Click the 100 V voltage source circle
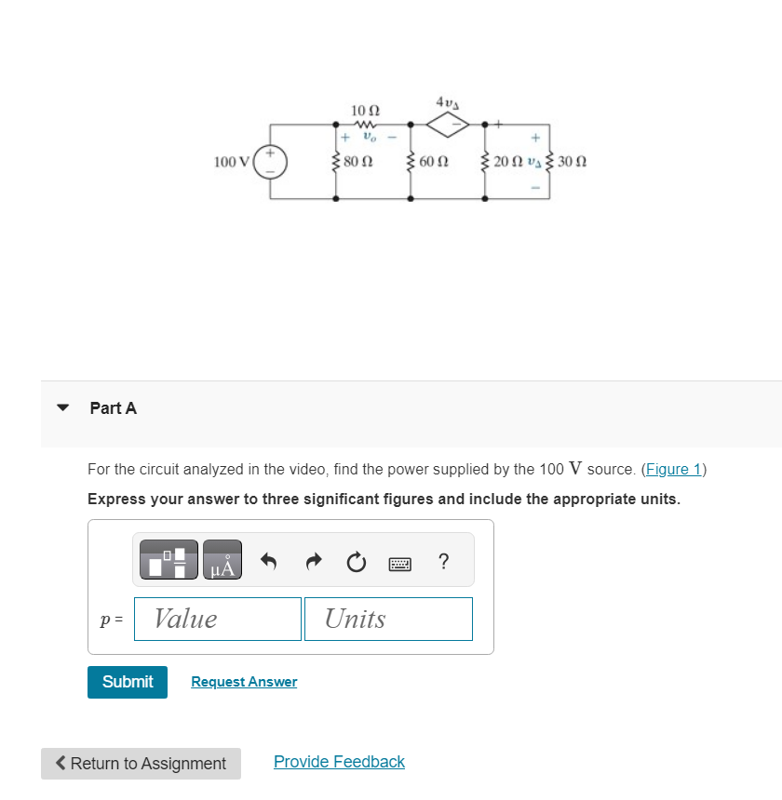click(x=271, y=161)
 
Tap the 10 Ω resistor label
click(x=363, y=111)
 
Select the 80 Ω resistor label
click(x=358, y=161)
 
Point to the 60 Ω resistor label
click(x=434, y=161)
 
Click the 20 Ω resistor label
click(x=508, y=161)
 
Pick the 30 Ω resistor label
click(x=573, y=161)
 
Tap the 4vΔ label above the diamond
click(x=449, y=100)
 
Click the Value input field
click(x=218, y=619)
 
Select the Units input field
click(x=388, y=619)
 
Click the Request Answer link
click(x=244, y=682)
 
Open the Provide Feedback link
click(x=339, y=762)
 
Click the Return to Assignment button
click(x=141, y=764)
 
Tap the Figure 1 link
click(x=673, y=469)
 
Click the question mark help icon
click(x=443, y=561)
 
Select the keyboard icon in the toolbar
click(x=401, y=562)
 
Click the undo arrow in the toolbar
click(x=269, y=561)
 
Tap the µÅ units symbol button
click(x=222, y=560)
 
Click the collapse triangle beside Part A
click(x=63, y=407)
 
